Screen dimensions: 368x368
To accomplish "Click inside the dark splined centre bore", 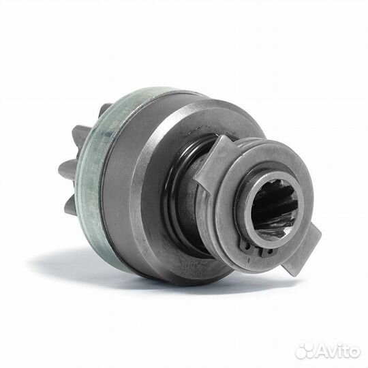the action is [275, 206].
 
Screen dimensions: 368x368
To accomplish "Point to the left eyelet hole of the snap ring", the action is [247, 246].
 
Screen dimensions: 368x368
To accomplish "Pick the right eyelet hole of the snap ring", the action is [269, 252].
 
